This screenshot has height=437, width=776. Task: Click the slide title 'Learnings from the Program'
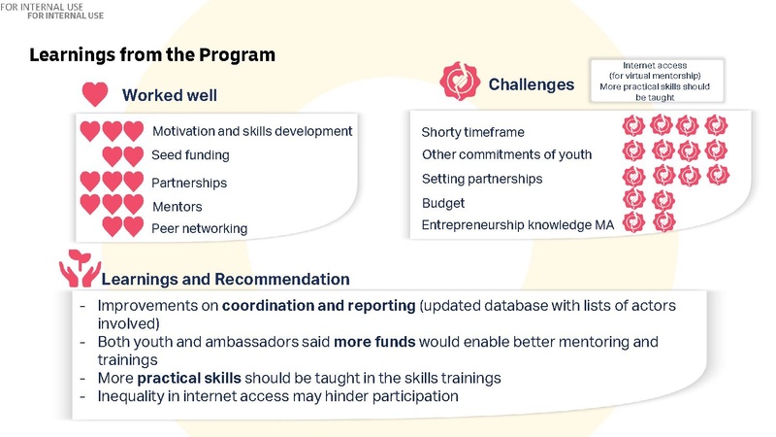pyautogui.click(x=152, y=55)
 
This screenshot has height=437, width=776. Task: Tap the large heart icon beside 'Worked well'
pyautogui.click(x=94, y=94)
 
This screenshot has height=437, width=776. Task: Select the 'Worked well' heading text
pyautogui.click(x=169, y=95)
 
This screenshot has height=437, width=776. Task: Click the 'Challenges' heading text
pyautogui.click(x=531, y=84)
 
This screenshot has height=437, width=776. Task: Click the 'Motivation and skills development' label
pyautogui.click(x=252, y=131)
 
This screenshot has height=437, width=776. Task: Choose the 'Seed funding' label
pyautogui.click(x=190, y=155)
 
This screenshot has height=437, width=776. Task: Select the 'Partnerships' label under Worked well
pyautogui.click(x=189, y=183)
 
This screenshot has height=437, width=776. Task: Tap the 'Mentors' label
pyautogui.click(x=178, y=206)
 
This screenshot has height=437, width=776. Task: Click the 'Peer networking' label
pyautogui.click(x=199, y=229)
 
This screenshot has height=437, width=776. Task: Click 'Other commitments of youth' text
pyautogui.click(x=506, y=154)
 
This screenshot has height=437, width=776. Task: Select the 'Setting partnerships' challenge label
pyautogui.click(x=482, y=179)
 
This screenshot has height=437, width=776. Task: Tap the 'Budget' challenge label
pyautogui.click(x=443, y=203)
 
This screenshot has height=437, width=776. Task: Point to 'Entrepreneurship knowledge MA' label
pyautogui.click(x=518, y=225)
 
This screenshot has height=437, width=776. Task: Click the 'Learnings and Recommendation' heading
pyautogui.click(x=225, y=280)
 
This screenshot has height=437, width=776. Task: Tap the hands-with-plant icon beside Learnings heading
pyautogui.click(x=78, y=269)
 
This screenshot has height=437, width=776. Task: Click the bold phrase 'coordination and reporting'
pyautogui.click(x=318, y=306)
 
